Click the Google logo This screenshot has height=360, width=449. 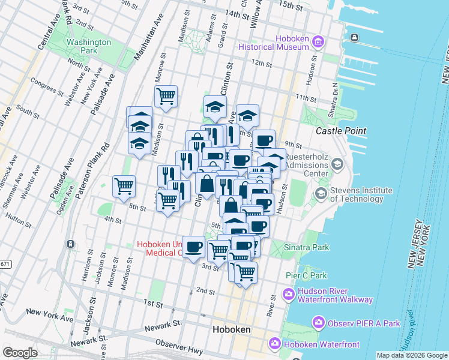click(x=20, y=352)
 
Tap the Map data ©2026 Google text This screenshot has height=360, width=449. click(x=411, y=355)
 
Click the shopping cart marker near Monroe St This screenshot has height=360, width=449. click(x=166, y=96)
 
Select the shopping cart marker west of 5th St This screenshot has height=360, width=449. click(x=124, y=186)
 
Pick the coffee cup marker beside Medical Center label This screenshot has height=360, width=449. click(x=193, y=247)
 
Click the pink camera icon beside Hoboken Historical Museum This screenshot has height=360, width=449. click(x=318, y=42)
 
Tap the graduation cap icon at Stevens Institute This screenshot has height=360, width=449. click(x=321, y=194)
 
